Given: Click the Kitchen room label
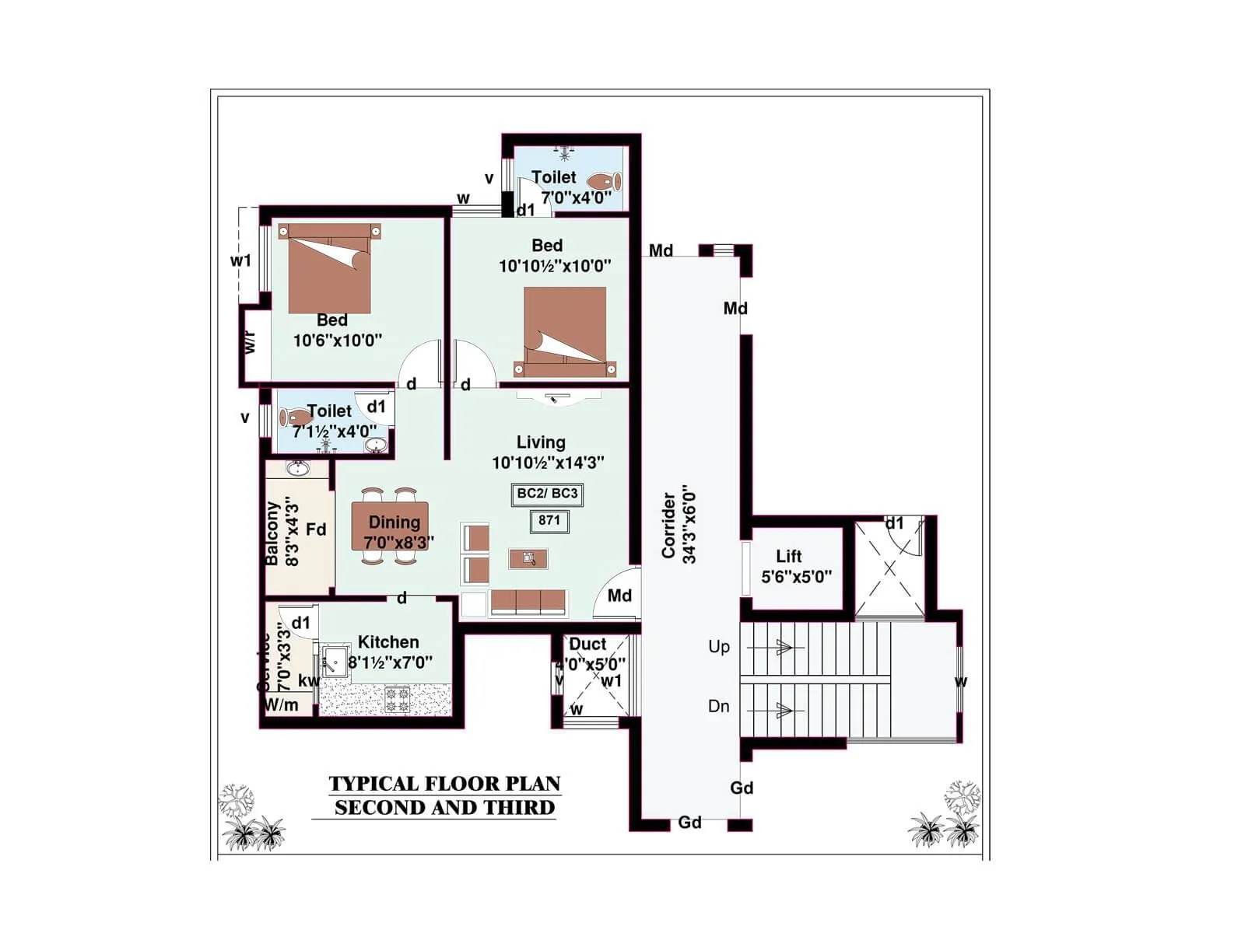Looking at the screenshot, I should click(388, 642).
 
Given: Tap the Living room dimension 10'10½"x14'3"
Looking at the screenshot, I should click(548, 463).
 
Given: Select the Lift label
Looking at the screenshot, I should click(788, 556).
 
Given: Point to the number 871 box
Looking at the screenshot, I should click(549, 520).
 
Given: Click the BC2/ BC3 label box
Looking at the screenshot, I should click(547, 494).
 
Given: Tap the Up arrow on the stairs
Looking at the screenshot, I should click(783, 647).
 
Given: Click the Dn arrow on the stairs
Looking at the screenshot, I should click(783, 710).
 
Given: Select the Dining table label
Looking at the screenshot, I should click(395, 522).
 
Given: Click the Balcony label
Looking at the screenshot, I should click(272, 533).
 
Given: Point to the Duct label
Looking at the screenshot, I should click(587, 644).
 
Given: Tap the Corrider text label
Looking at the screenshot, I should click(668, 525).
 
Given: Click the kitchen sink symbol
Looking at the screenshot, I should click(335, 661).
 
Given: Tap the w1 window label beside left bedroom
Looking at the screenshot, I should click(241, 260).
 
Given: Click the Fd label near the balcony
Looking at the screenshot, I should click(316, 529).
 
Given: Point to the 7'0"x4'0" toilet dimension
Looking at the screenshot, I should click(577, 197).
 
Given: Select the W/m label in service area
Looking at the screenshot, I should click(282, 705).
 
